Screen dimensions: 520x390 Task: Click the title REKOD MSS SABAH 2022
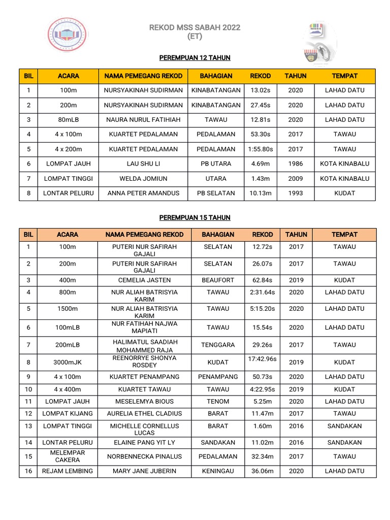pos(194,27)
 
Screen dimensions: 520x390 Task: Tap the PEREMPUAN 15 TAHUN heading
pos(194,217)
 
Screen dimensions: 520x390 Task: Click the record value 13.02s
pos(261,90)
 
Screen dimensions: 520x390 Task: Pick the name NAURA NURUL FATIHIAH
pos(143,120)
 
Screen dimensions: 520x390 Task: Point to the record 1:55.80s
pos(261,149)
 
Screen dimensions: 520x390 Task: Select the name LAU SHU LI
pos(143,164)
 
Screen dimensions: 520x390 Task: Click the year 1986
pos(295,164)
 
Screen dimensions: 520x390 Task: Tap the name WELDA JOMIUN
pos(143,179)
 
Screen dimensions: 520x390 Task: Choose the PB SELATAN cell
pos(216,193)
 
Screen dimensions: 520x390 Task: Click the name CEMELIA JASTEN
pos(145,280)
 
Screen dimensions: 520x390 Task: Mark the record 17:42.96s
pos(262,359)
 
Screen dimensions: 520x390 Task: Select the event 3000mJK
pos(68,363)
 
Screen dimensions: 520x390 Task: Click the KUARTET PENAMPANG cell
pos(145,377)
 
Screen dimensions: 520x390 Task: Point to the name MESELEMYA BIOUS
pos(145,401)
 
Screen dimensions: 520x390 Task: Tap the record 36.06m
pos(262,471)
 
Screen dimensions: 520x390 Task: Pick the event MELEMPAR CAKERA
pos(68,456)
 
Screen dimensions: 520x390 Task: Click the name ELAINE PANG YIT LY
pos(145,443)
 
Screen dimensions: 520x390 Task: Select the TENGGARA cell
pos(218,345)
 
